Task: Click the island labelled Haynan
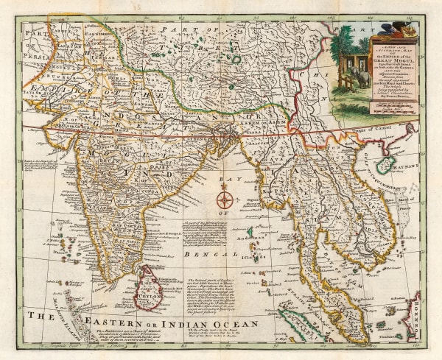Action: [x=404, y=164]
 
